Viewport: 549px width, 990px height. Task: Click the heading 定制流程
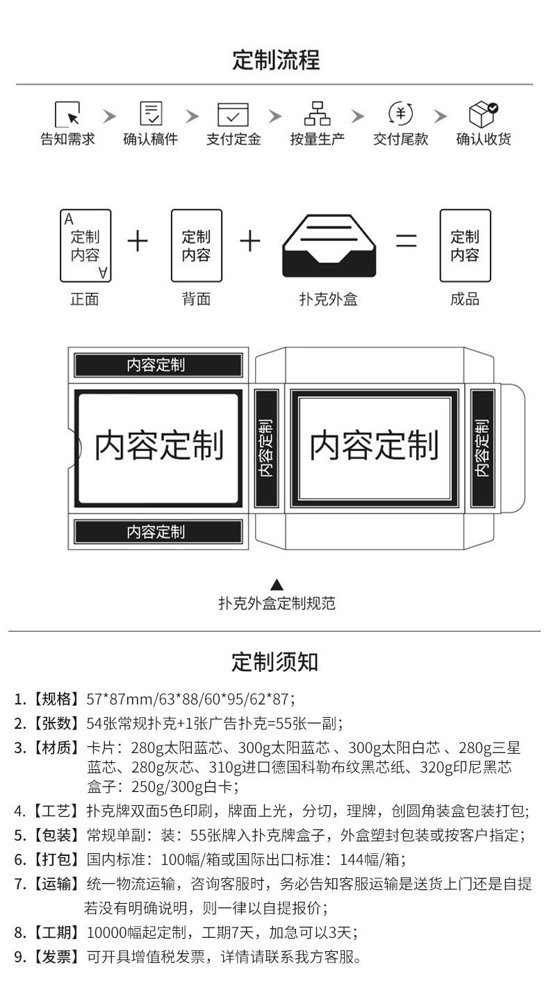[x=276, y=60]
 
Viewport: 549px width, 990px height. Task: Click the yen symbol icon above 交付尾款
[x=400, y=113]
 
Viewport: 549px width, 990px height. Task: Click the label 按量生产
[x=317, y=139]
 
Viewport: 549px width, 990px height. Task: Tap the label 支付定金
[x=233, y=139]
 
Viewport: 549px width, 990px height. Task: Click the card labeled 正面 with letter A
[x=85, y=246]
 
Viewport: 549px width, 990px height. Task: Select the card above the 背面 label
[x=196, y=246]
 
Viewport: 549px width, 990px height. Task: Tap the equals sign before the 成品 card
[x=407, y=241]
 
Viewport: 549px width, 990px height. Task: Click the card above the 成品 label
[x=465, y=246]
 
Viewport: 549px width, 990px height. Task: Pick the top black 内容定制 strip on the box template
[x=158, y=365]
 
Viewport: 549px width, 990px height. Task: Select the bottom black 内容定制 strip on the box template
[x=158, y=532]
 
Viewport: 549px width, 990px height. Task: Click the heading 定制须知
[x=274, y=661]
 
